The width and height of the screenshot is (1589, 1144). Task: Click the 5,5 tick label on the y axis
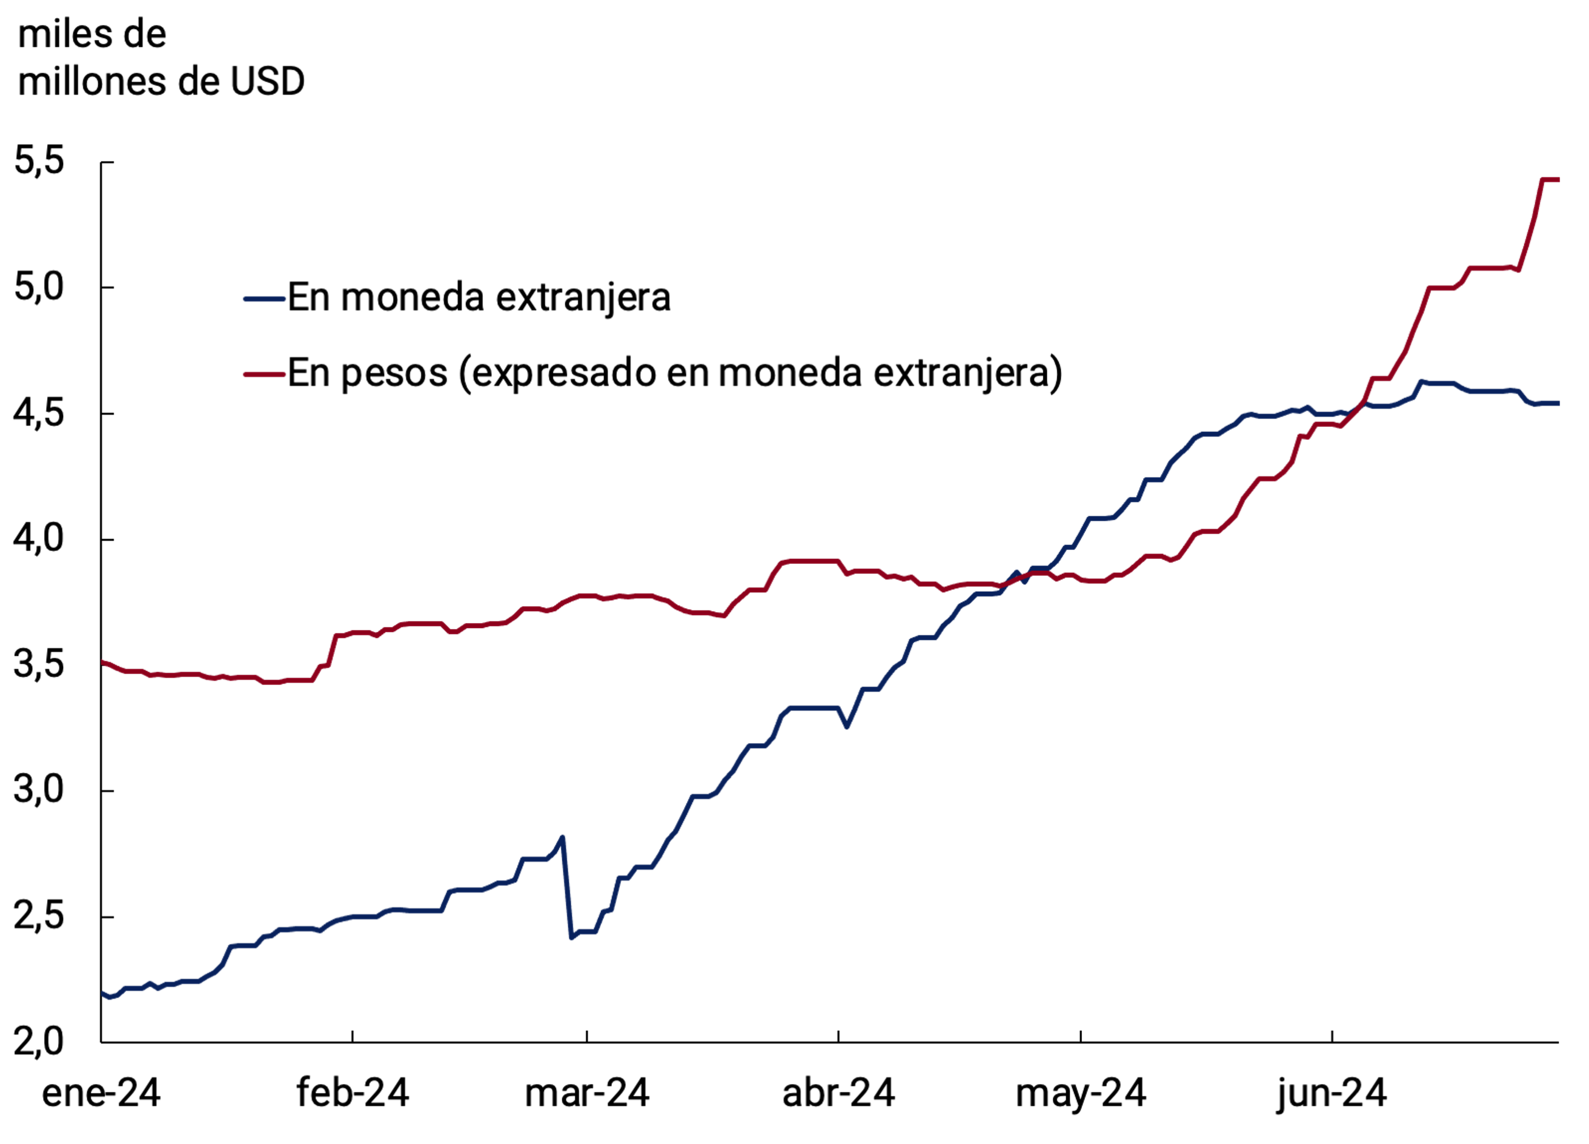click(39, 161)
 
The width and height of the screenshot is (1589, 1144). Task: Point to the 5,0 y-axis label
click(39, 287)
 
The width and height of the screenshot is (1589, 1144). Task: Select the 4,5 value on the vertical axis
click(39, 413)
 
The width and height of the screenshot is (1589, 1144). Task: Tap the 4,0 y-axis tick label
click(39, 539)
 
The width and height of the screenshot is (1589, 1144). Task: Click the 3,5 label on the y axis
click(39, 665)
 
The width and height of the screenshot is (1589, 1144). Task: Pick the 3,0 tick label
click(39, 790)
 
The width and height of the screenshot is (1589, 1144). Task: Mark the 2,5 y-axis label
click(39, 916)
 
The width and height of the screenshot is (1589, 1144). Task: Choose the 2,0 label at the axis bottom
click(39, 1042)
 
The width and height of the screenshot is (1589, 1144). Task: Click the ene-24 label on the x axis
click(101, 1094)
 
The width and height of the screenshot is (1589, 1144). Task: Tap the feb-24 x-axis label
click(353, 1094)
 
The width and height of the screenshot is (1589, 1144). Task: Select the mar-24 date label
click(587, 1094)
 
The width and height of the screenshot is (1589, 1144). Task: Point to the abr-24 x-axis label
click(838, 1094)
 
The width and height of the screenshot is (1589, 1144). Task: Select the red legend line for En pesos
click(265, 374)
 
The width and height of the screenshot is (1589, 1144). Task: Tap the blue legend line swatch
click(265, 299)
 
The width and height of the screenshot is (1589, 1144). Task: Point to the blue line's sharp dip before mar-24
click(572, 937)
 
